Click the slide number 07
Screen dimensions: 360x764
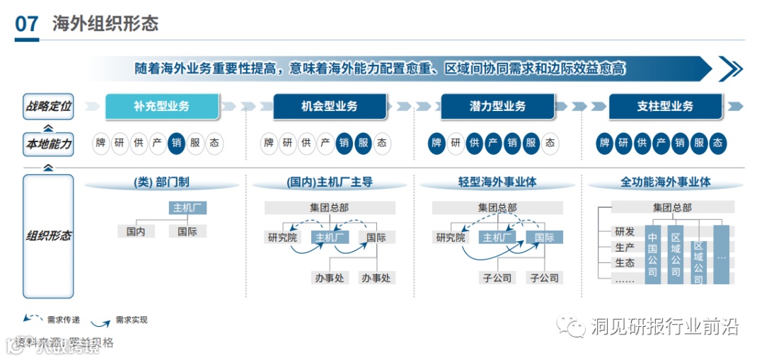(x=27, y=24)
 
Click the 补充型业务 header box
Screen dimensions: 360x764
(x=161, y=106)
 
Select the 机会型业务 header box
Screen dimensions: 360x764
(x=329, y=106)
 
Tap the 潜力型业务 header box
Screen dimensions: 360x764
(x=497, y=106)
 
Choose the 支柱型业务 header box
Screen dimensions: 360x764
(x=665, y=106)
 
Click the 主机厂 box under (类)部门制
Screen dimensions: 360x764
(x=187, y=208)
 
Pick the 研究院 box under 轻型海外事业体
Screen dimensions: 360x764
(x=451, y=238)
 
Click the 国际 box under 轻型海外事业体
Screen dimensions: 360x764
(x=544, y=238)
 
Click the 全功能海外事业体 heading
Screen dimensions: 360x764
(x=665, y=182)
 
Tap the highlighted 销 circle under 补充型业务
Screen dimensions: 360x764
(x=177, y=144)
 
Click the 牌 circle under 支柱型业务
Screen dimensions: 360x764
(x=605, y=144)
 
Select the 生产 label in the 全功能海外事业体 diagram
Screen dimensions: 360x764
(x=625, y=247)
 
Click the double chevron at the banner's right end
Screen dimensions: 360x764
(x=731, y=69)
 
